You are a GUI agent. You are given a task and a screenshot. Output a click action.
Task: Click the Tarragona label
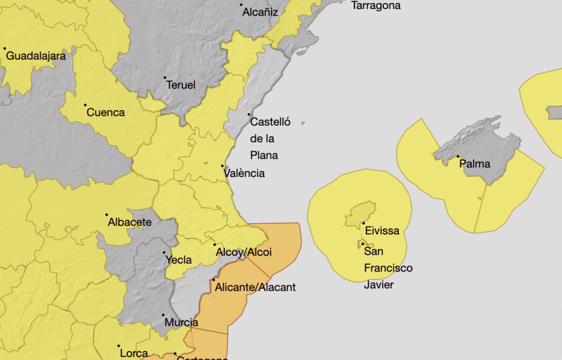[375, 6]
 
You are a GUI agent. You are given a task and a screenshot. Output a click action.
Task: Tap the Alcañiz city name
[260, 11]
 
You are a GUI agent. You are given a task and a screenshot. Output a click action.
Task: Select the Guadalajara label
[35, 56]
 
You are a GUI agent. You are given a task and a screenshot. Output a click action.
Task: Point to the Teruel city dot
[165, 78]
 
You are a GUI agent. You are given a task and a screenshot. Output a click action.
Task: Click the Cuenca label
[106, 112]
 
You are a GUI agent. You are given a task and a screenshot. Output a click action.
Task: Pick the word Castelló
[270, 123]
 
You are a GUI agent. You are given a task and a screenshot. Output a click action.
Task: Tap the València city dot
[223, 166]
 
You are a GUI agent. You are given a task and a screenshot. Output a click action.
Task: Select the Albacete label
[130, 222]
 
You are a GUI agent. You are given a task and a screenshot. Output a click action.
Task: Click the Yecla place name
[178, 260]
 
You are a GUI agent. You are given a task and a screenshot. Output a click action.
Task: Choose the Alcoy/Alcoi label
[244, 252]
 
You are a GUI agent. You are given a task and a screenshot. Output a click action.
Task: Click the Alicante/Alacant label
[255, 288]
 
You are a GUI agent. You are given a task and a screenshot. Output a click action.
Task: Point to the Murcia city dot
[163, 315]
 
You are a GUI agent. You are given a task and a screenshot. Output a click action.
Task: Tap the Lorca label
[134, 353]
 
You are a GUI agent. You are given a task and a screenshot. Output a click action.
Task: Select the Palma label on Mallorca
[475, 164]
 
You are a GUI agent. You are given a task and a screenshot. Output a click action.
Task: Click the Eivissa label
[381, 231]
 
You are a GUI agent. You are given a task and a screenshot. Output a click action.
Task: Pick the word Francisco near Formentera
[388, 268]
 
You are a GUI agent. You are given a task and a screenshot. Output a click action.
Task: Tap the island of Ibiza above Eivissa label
[361, 213]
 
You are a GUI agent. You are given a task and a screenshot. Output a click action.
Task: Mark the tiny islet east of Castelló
[303, 123]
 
